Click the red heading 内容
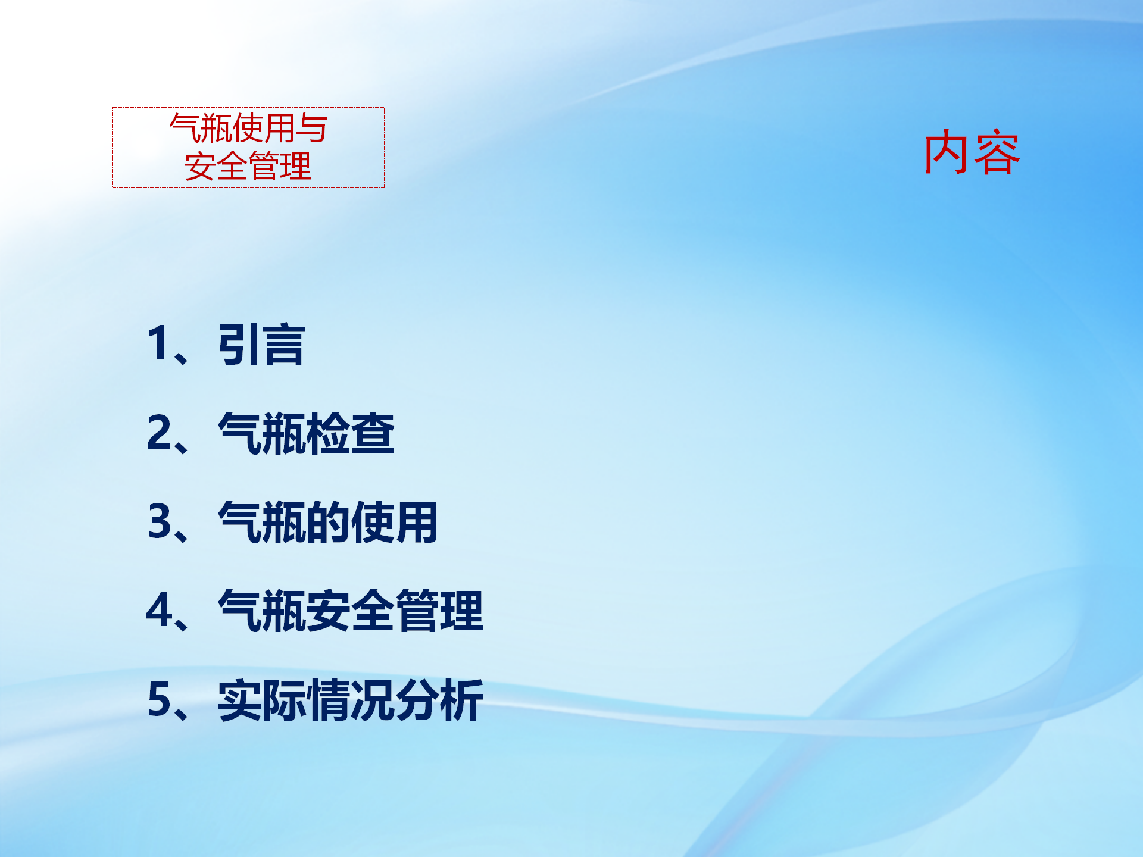[972, 152]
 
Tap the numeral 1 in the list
[158, 343]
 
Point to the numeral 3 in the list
[160, 521]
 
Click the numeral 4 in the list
[160, 610]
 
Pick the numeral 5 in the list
[160, 699]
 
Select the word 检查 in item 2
[351, 433]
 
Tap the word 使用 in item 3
[395, 523]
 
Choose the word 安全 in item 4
[351, 611]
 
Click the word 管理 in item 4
[439, 611]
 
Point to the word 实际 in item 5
[263, 700]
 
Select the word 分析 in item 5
[439, 700]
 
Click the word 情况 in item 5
[351, 700]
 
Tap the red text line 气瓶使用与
[249, 128]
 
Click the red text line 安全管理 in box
[248, 166]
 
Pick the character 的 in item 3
[329, 523]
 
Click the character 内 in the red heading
[947, 152]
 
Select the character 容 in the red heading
[997, 152]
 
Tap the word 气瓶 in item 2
[263, 433]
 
